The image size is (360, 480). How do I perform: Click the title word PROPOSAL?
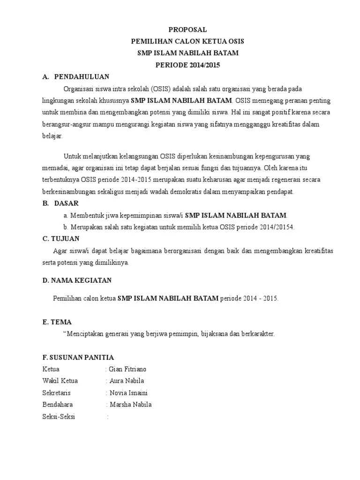coord(187,30)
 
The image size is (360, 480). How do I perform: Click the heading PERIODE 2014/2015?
coord(187,65)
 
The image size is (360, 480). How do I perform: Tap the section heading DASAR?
coord(67,203)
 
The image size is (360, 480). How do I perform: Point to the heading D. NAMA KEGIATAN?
coord(77,280)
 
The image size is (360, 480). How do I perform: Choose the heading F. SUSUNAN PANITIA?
coord(78,358)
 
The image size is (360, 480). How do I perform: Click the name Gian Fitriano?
coord(127,369)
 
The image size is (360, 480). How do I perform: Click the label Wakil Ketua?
coord(60,381)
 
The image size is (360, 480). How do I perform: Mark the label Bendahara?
coord(58,405)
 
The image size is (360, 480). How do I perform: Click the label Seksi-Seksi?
coord(59,417)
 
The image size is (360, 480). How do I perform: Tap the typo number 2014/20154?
coord(278,227)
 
